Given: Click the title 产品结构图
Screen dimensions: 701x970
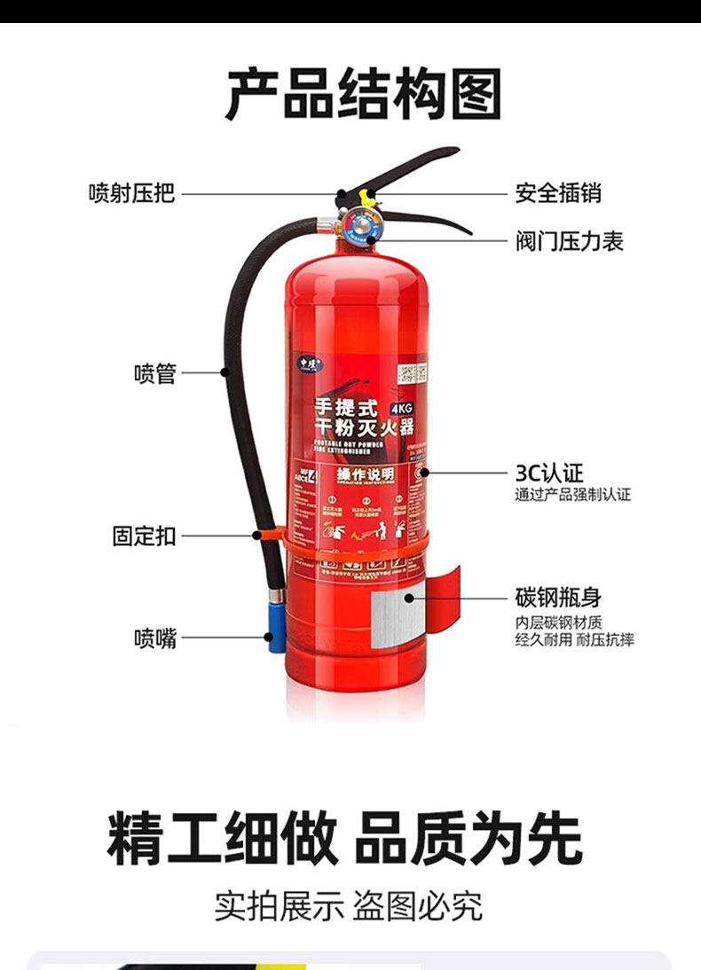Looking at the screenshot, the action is (363, 93).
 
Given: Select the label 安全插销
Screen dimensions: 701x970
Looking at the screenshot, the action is (558, 193).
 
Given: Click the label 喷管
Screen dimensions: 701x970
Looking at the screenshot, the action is (155, 373).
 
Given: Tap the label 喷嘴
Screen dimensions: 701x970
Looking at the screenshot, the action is (155, 638).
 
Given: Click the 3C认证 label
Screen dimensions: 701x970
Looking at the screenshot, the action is (550, 472).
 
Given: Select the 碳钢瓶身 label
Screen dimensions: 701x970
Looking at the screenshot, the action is (558, 597).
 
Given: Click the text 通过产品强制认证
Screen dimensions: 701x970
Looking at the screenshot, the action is (572, 495).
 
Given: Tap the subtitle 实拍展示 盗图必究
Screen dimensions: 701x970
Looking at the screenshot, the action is (348, 905).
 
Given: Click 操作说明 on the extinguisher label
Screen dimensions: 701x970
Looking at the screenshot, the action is (365, 475).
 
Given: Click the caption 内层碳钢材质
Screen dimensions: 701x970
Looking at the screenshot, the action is (559, 622).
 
